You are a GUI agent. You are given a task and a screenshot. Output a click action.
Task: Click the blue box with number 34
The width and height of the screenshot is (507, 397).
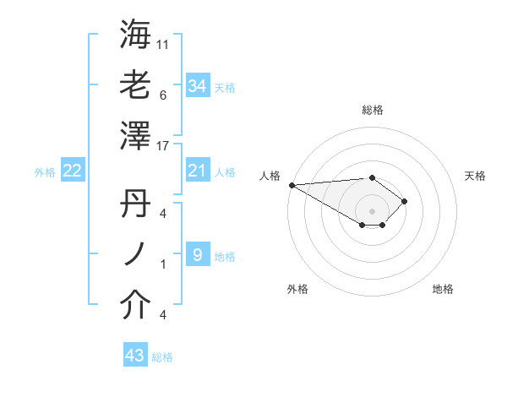pyautogui.click(x=198, y=86)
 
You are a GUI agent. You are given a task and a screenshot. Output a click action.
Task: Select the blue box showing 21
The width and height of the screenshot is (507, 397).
pyautogui.click(x=198, y=171)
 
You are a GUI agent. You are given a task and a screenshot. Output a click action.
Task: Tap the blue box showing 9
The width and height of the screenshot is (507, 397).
pyautogui.click(x=197, y=254)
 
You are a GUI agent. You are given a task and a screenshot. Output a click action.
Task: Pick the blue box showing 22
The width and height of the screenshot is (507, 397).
pyautogui.click(x=73, y=171)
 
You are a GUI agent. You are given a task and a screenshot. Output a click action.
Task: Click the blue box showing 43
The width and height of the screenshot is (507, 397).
pyautogui.click(x=135, y=356)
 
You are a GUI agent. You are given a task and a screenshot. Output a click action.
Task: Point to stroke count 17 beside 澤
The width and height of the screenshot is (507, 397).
pyautogui.click(x=163, y=146)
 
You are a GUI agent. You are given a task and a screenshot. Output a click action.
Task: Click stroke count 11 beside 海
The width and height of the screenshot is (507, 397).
pyautogui.click(x=163, y=43)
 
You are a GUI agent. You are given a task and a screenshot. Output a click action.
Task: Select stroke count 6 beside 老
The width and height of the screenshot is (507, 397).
pyautogui.click(x=163, y=95)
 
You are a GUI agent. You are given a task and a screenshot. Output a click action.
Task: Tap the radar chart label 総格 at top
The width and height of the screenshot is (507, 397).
pyautogui.click(x=372, y=110)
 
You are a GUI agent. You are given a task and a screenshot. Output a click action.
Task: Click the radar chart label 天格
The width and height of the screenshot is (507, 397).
pyautogui.click(x=476, y=176)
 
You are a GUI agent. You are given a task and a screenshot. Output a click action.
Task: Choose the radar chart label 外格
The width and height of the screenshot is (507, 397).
pyautogui.click(x=297, y=289)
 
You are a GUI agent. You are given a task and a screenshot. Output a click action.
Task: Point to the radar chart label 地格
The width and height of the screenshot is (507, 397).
pyautogui.click(x=443, y=289)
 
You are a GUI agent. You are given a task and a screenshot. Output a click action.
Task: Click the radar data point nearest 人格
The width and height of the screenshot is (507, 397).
pyautogui.click(x=291, y=184)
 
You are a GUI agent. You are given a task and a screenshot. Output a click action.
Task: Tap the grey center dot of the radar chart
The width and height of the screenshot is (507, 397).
pyautogui.click(x=372, y=209)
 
